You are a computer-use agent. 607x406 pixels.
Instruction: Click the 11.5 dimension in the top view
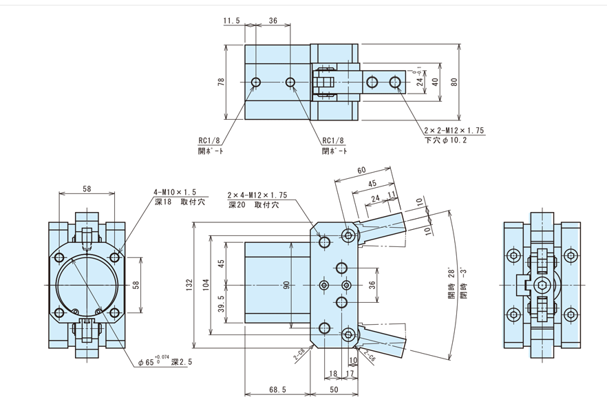point(231,21)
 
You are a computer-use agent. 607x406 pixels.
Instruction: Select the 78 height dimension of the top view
point(221,81)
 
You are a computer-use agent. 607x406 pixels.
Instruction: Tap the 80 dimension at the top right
point(454,82)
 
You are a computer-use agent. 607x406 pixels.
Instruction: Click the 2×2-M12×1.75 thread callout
point(455,130)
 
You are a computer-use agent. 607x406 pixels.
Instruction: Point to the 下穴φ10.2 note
point(446,140)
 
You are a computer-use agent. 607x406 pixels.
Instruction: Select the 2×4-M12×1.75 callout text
point(257,195)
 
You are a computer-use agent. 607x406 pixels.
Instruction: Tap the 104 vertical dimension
point(206,286)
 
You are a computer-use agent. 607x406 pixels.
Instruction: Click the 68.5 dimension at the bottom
point(277,389)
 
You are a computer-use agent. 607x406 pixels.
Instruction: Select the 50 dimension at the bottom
point(334,389)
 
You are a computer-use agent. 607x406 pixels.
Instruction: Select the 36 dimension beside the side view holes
point(372,285)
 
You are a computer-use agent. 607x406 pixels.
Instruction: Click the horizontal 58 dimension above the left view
point(86,188)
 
